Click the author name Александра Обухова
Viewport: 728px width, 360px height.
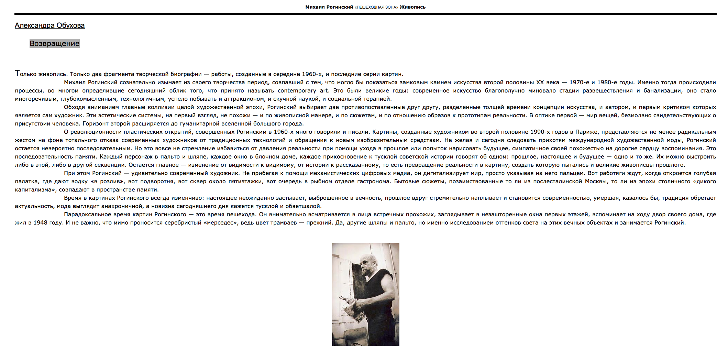tap(49, 25)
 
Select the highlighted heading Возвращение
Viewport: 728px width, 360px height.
tap(54, 43)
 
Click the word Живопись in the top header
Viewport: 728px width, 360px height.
tap(412, 7)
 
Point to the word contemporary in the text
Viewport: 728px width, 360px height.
tap(297, 91)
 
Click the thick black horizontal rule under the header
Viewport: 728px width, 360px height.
tap(365, 14)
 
